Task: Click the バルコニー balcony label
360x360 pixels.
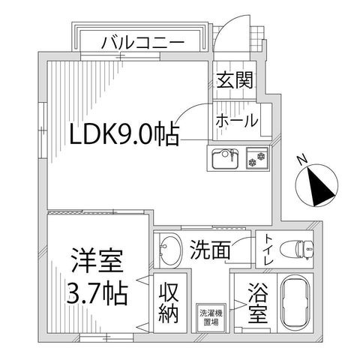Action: (x=142, y=43)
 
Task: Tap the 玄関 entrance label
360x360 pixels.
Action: (x=235, y=80)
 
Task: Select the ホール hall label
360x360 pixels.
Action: (x=236, y=120)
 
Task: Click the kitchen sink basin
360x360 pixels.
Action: (x=225, y=158)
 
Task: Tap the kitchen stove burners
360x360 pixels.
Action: (x=257, y=158)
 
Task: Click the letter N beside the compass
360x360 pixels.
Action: (x=302, y=159)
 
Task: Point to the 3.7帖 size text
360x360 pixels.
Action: (x=97, y=292)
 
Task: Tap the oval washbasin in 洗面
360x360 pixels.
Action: (x=170, y=250)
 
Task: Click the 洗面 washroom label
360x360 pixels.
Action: (x=210, y=249)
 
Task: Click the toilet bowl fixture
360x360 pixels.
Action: (x=297, y=250)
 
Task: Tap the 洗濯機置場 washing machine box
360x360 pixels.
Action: (x=211, y=317)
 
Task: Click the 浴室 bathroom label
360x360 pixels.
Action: (x=257, y=303)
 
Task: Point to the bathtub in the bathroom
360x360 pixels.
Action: (x=295, y=304)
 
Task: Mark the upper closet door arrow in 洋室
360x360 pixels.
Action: (x=143, y=280)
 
